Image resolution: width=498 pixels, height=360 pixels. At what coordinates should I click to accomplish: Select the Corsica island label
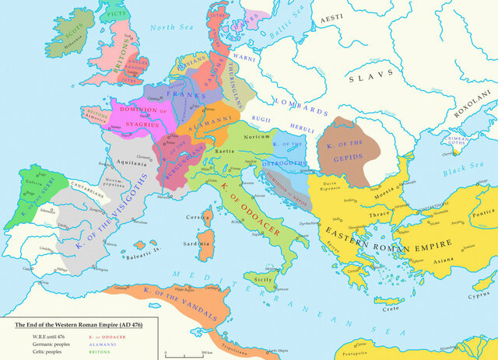(196, 218)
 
